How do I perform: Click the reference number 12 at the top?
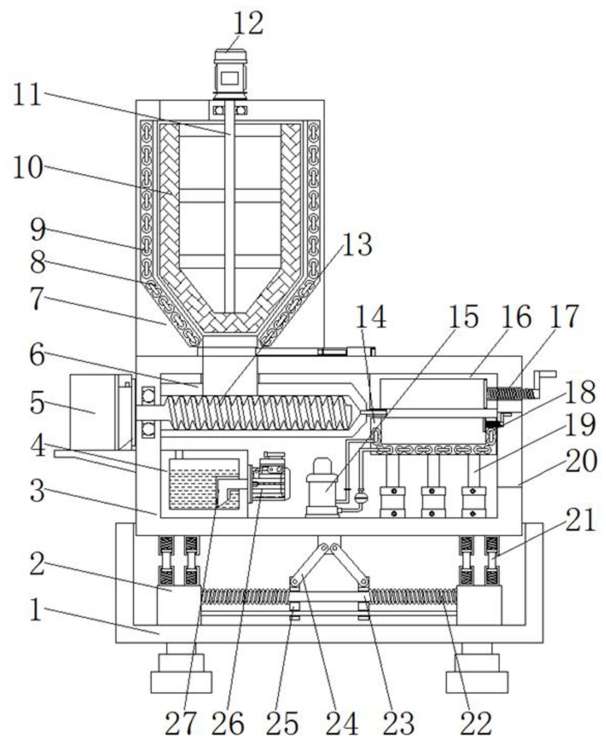coord(248,24)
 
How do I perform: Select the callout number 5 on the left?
coord(38,403)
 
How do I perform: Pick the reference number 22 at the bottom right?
coord(476,723)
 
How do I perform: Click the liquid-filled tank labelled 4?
coord(204,484)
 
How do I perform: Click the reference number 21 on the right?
coord(581,520)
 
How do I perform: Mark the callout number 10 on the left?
coord(28,167)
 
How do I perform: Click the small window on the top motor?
coord(230,78)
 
